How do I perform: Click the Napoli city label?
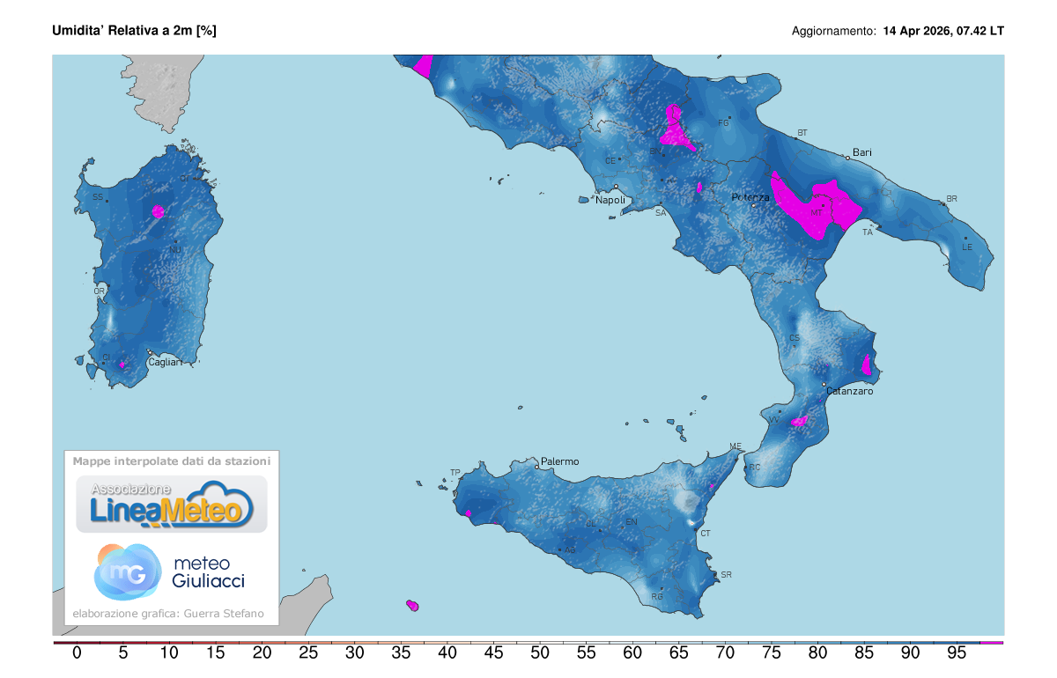610,200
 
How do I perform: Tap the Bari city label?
861,152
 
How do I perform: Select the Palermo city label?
559,461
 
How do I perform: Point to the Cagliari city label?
165,362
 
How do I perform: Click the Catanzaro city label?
849,391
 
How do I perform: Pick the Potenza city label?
750,198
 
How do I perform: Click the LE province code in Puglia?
966,247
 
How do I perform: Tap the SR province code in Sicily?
726,575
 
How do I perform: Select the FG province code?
724,122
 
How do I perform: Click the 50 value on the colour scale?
540,653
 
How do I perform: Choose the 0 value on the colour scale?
77,653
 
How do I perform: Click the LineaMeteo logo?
172,504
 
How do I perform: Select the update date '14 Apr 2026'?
917,31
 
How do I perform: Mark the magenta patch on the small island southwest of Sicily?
411,605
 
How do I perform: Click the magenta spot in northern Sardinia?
158,210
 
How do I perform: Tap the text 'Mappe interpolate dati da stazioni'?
172,461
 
